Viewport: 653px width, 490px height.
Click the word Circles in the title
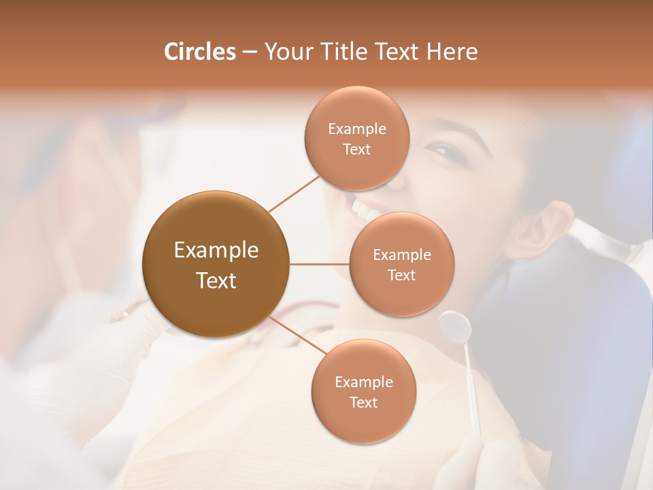point(199,52)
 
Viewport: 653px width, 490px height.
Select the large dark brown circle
point(216,264)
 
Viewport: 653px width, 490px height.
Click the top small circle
point(356,138)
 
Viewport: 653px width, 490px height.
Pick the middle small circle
point(401,264)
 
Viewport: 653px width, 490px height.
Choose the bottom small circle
point(363,391)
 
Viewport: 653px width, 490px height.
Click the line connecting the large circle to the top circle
point(295,193)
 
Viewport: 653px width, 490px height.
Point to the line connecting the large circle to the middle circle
point(319,264)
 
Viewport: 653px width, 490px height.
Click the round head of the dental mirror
point(455,327)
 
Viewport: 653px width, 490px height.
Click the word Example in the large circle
point(216,250)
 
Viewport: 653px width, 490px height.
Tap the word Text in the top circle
point(356,149)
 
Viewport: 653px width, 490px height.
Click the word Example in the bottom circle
point(363,382)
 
